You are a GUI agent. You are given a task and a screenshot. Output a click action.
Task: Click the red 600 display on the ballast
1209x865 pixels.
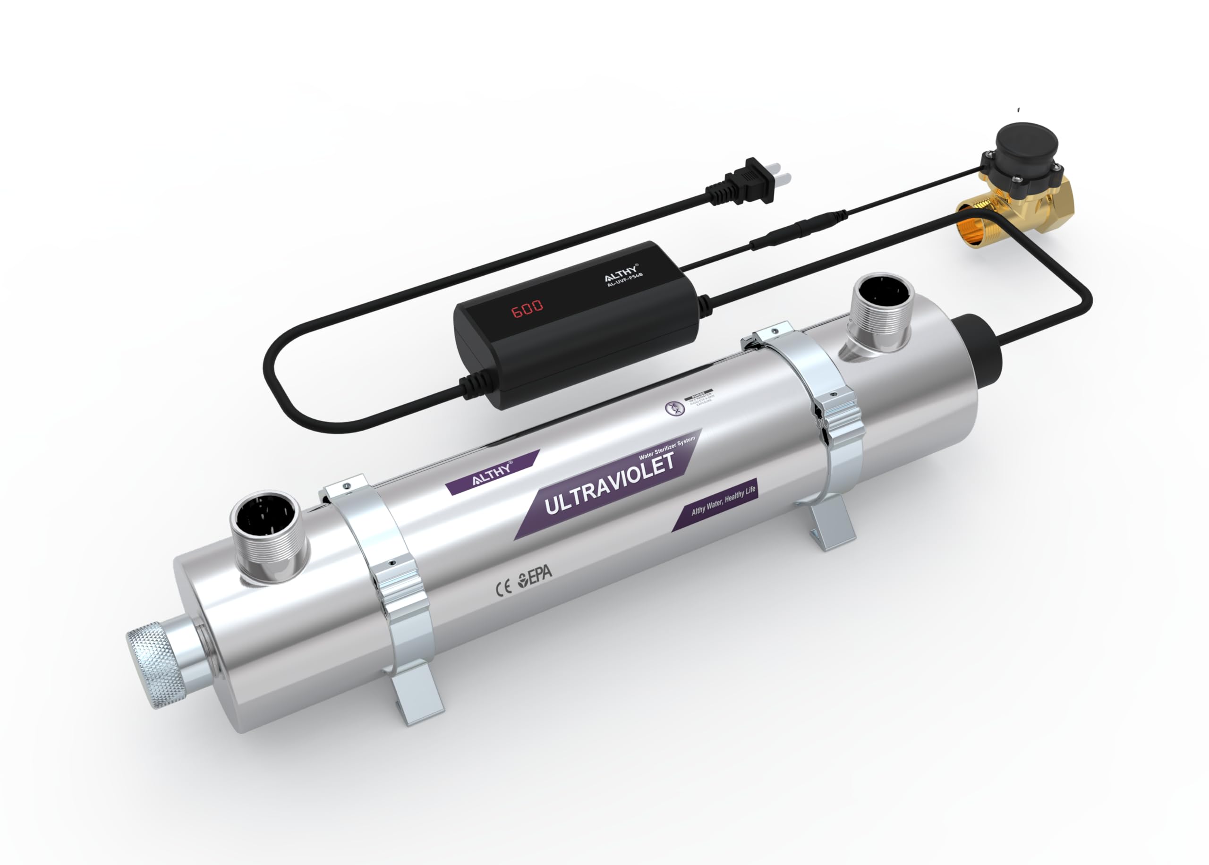click(527, 307)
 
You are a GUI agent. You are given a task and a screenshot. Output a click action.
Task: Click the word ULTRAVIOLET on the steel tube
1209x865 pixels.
click(608, 483)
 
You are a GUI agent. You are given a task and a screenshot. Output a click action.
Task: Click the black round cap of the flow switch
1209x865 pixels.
click(1027, 142)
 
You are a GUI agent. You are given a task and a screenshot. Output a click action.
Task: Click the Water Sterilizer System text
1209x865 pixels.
click(666, 449)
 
